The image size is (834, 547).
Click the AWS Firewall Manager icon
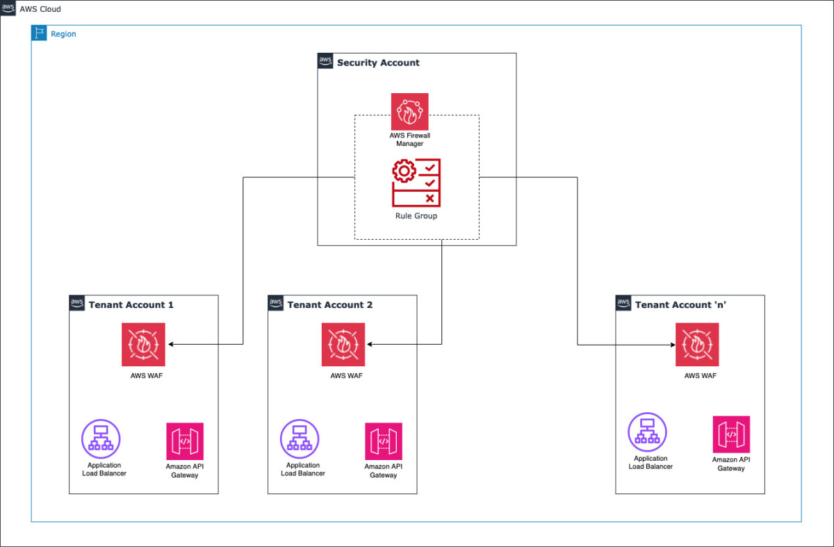pos(409,112)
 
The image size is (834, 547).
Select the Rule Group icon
pos(416,183)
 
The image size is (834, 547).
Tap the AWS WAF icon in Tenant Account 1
pos(143,345)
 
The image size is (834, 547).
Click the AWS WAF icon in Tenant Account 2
pos(343,345)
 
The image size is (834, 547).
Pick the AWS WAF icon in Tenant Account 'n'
pos(697,345)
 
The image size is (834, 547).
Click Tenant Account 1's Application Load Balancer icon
pos(101,439)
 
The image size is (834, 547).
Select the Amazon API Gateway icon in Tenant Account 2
pos(384,441)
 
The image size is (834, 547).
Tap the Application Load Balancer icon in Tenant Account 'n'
pos(647,432)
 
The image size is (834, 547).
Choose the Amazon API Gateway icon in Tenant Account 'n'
pos(731,434)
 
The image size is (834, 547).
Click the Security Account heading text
pos(378,63)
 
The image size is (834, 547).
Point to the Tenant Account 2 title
pos(330,304)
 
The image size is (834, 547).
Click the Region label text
pos(63,34)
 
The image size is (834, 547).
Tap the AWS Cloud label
pos(40,9)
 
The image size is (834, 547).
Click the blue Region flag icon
pos(39,33)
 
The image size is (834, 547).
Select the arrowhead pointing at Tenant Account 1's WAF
pos(171,345)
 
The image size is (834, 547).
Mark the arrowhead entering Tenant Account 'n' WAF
pos(673,345)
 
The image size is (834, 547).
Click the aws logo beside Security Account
pos(325,60)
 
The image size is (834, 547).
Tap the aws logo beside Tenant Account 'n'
pos(623,303)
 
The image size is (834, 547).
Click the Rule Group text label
pos(416,216)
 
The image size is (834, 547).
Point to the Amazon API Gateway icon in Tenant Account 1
pos(185,441)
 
